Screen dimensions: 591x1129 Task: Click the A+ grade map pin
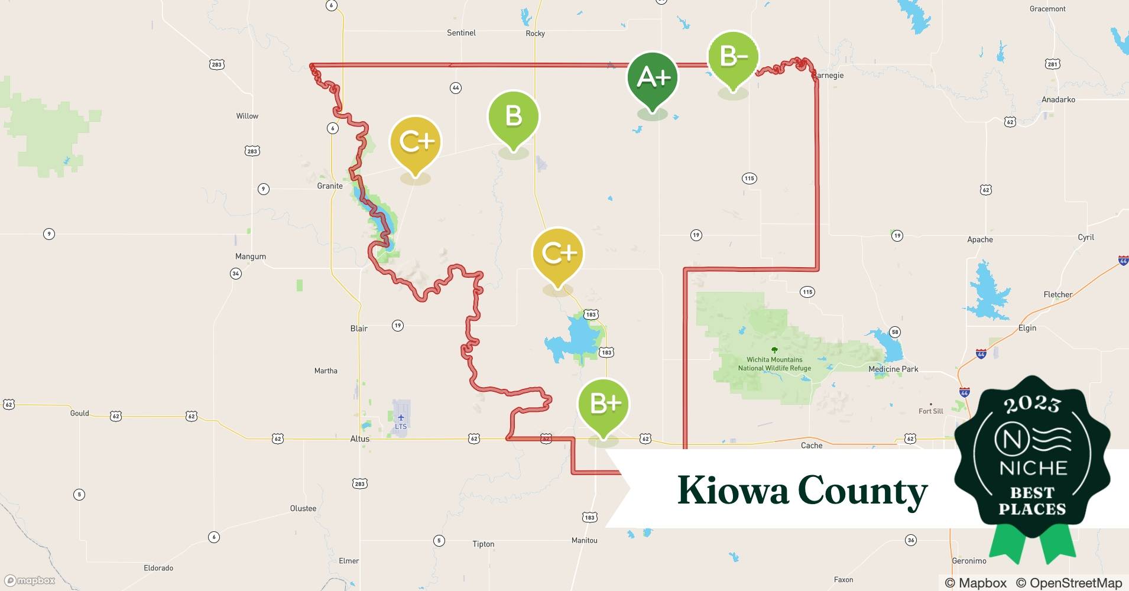coord(653,77)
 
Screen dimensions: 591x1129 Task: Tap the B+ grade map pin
coord(603,404)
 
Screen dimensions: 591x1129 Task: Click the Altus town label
coord(359,439)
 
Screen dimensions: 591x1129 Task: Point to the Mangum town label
coord(251,256)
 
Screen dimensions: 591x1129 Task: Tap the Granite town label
coord(330,186)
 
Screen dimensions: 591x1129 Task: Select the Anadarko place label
coord(1058,99)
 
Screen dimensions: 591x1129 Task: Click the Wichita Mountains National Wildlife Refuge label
coord(774,363)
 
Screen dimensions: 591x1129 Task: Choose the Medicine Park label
coord(893,369)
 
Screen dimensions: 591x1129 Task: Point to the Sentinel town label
coord(461,33)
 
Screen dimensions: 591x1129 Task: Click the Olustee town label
coord(303,508)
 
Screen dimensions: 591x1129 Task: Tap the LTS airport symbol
coord(401,418)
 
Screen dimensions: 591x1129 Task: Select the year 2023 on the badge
coord(1032,404)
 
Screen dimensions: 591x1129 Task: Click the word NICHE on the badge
coord(1033,468)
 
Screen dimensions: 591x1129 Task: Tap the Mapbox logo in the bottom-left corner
coord(30,580)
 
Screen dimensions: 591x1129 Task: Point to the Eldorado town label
coord(158,568)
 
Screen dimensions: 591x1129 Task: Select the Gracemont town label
coord(1047,9)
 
